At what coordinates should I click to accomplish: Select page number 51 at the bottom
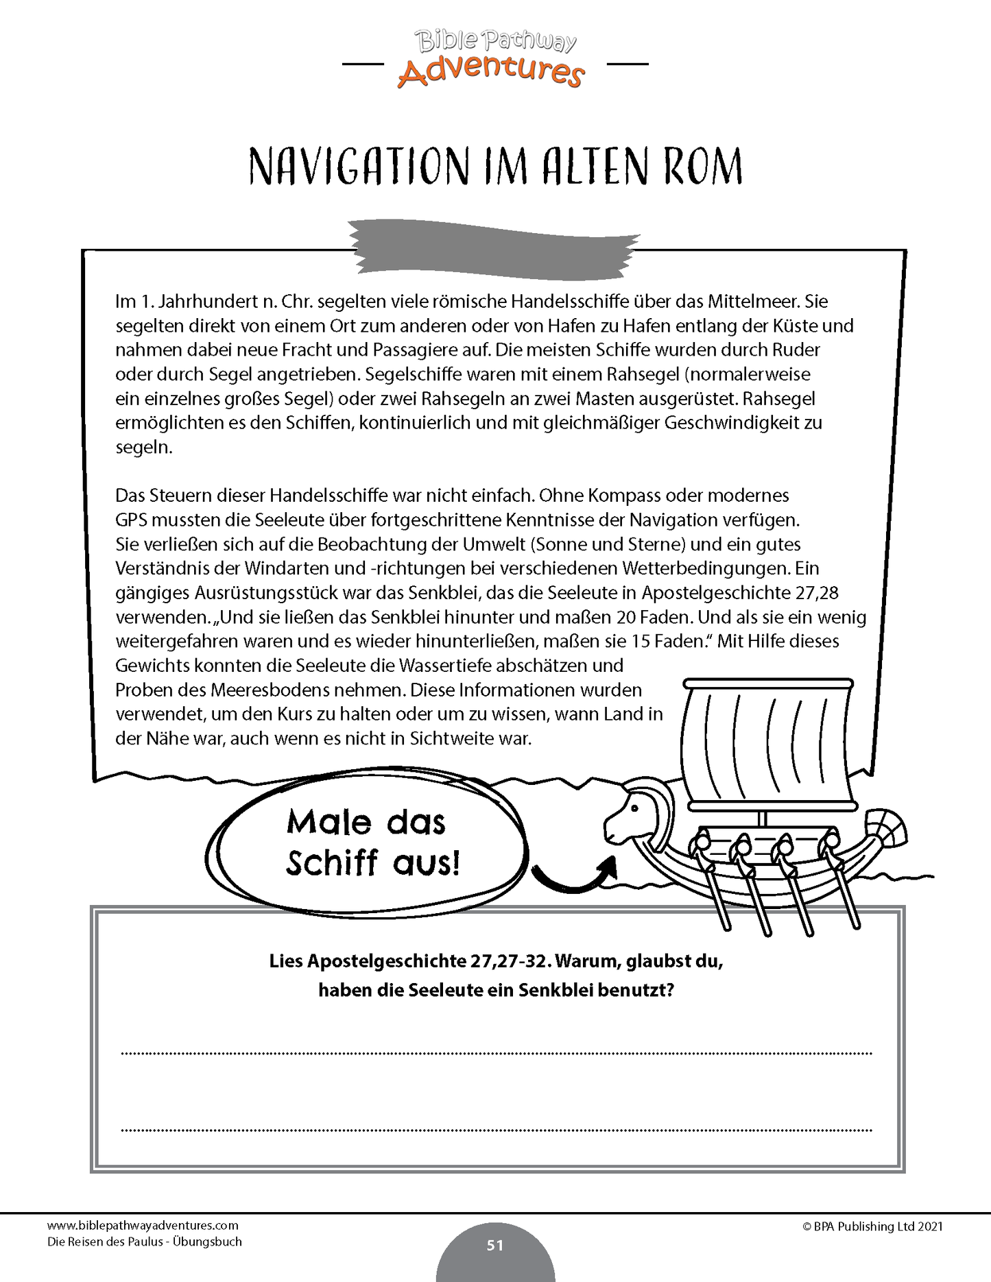(495, 1245)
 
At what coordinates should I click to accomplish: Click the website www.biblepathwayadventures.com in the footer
(143, 1225)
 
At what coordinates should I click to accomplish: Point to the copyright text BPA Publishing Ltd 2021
(872, 1226)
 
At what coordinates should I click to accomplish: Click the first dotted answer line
(497, 1052)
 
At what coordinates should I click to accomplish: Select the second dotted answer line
(497, 1128)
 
